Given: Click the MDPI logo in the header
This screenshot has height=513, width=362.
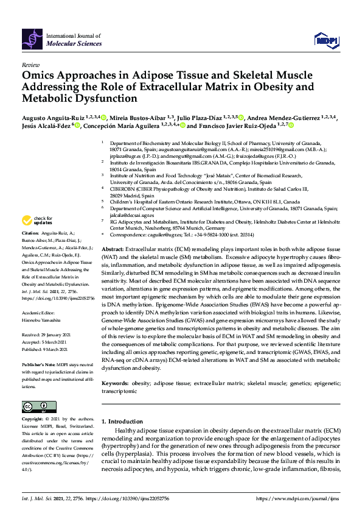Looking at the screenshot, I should click(325, 40).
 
